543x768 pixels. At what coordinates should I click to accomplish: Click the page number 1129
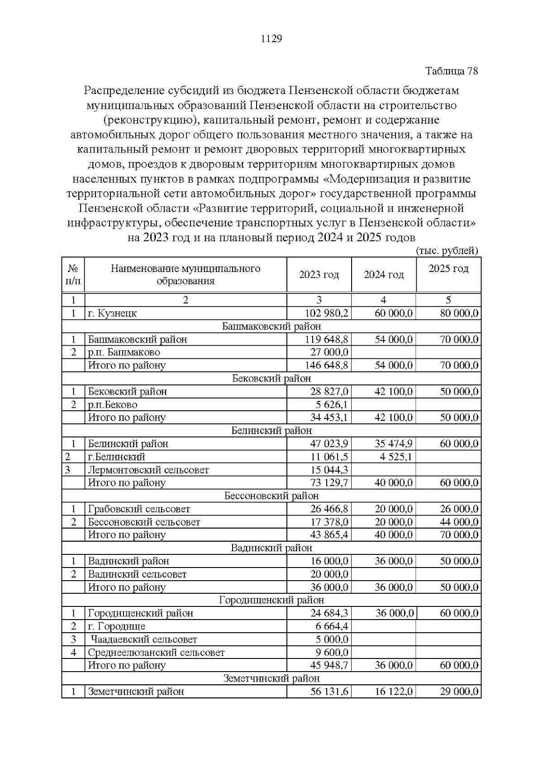[x=271, y=39]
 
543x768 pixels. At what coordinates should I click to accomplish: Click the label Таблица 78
[x=451, y=71]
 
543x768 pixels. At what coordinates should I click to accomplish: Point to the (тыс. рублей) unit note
[x=447, y=251]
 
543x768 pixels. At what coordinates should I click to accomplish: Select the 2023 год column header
[x=319, y=275]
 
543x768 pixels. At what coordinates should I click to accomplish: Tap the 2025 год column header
[x=448, y=268]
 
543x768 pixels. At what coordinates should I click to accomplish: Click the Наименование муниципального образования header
[x=186, y=275]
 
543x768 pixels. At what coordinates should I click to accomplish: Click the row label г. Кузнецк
[x=112, y=313]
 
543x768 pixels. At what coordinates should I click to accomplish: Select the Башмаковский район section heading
[x=271, y=326]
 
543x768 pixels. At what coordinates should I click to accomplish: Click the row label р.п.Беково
[x=113, y=405]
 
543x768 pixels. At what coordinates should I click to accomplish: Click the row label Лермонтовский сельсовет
[x=148, y=470]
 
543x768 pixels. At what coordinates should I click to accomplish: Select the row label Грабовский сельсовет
[x=139, y=509]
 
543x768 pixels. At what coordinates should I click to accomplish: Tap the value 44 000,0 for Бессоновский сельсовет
[x=459, y=522]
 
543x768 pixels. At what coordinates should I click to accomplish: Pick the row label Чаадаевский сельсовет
[x=144, y=639]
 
